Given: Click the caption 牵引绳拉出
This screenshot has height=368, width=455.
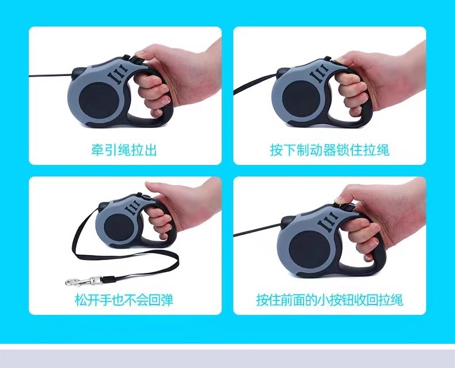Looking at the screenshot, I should [124, 150].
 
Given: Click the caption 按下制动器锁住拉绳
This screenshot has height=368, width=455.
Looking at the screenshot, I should [329, 150].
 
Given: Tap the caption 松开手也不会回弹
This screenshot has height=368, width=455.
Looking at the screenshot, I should [124, 300].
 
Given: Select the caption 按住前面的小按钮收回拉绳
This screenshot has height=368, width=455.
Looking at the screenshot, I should [329, 300].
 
